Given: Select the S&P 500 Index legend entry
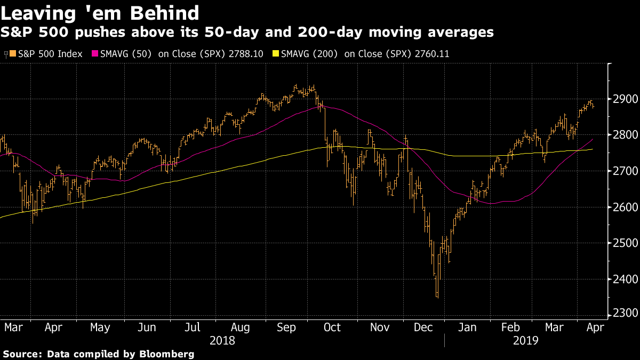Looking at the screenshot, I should click(x=49, y=53).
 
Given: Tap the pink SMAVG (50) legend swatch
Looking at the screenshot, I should click(x=97, y=53).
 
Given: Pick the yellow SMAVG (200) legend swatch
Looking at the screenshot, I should click(x=276, y=53).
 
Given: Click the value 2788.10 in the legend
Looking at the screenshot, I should click(x=243, y=53).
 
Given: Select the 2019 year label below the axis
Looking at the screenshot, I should click(x=526, y=340).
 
